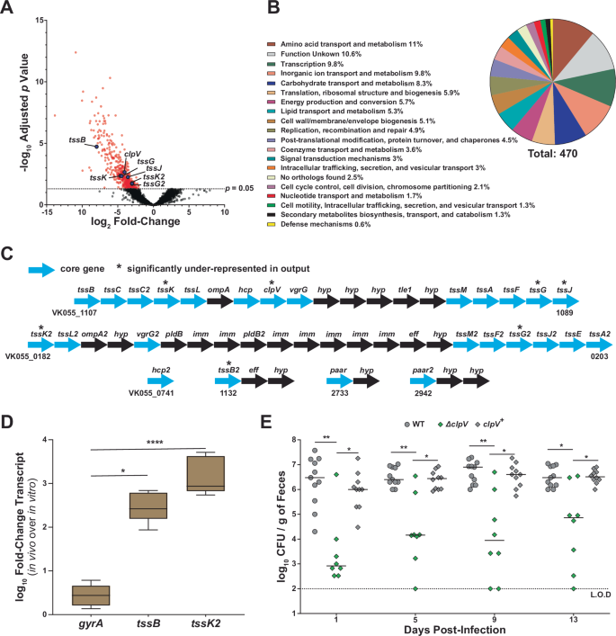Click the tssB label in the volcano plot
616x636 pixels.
tap(76, 140)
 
